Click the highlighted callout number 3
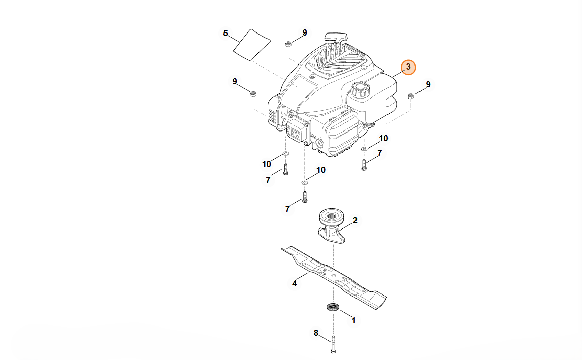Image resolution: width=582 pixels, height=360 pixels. [408, 67]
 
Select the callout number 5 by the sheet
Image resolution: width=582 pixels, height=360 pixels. [225, 34]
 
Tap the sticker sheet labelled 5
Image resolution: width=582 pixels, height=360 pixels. [253, 45]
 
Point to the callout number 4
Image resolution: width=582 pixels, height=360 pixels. [295, 284]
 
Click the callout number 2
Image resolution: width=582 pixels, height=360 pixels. [355, 220]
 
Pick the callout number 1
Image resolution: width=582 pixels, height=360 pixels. [354, 320]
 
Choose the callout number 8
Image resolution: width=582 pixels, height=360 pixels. [316, 333]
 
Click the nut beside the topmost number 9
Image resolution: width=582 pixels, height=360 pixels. [288, 44]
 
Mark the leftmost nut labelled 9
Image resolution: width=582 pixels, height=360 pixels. [253, 93]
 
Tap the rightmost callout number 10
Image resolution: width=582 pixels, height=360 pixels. [383, 138]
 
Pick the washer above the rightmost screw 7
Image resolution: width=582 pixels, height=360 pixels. [364, 149]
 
